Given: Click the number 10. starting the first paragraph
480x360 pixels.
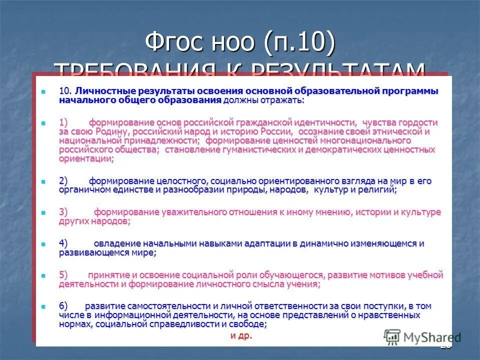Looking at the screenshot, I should tap(65, 91).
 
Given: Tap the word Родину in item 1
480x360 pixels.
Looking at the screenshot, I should tap(111, 131).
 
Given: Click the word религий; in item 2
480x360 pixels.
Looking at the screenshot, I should tap(379, 190).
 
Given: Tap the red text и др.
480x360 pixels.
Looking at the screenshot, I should tap(241, 335).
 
